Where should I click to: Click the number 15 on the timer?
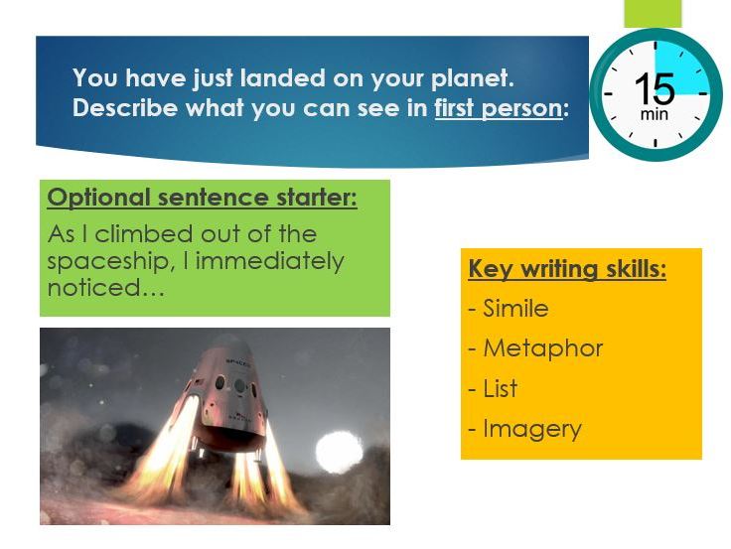click(654, 89)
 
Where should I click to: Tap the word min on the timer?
click(654, 114)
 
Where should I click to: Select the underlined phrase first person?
click(498, 108)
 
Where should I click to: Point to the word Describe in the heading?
click(120, 108)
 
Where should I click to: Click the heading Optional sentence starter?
click(203, 198)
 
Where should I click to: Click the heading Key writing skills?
click(567, 269)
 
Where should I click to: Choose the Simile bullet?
click(514, 309)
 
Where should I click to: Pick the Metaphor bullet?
click(542, 348)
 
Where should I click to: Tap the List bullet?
click(500, 388)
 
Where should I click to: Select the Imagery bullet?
click(531, 429)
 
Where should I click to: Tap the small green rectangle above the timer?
click(653, 13)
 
